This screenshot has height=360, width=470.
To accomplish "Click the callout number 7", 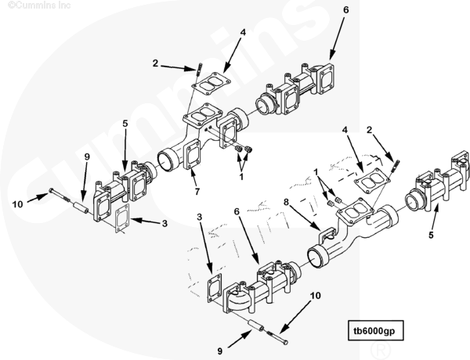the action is click(x=197, y=192).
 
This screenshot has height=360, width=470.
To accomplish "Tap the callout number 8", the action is click(x=286, y=202).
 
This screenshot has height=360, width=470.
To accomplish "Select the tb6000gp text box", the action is click(x=375, y=330).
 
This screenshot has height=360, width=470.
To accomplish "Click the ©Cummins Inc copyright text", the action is click(x=39, y=5).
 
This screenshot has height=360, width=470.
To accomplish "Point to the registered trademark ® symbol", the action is click(x=381, y=349).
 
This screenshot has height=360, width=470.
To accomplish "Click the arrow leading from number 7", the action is click(x=192, y=178).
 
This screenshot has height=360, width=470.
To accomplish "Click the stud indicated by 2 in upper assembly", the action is click(x=198, y=70).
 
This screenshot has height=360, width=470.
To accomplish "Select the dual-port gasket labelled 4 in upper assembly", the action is click(x=211, y=83).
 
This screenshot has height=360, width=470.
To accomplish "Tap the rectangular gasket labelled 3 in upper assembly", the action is click(x=122, y=218).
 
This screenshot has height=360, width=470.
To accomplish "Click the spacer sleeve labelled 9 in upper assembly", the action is click(x=81, y=207).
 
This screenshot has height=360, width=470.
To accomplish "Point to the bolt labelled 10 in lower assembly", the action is click(x=277, y=337).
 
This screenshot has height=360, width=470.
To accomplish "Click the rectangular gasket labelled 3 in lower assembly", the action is click(x=215, y=288).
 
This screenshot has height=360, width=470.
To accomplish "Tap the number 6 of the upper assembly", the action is click(x=346, y=9).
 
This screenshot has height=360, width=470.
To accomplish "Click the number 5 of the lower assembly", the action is click(x=431, y=235).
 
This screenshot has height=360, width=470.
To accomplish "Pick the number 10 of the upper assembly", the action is click(x=17, y=204).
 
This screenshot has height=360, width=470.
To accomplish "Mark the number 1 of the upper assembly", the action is click(x=241, y=176).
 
